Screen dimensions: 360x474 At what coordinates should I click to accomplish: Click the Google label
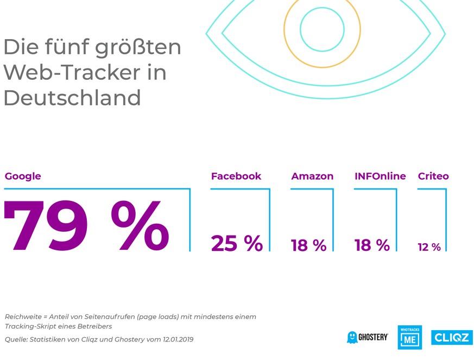[23, 176]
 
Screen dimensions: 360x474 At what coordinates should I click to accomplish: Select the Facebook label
[236, 176]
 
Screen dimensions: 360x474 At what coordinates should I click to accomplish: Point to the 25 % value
[237, 244]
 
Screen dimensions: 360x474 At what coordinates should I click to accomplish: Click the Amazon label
[312, 176]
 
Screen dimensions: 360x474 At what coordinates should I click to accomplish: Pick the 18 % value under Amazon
[308, 245]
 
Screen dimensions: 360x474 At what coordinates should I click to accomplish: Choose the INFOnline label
[380, 176]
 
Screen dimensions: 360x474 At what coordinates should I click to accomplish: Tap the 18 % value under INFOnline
[372, 245]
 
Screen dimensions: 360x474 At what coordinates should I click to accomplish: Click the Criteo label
[433, 176]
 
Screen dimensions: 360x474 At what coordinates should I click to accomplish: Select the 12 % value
[429, 247]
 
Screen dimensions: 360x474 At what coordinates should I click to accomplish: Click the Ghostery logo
[368, 337]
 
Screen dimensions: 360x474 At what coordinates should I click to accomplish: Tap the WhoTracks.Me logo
[410, 338]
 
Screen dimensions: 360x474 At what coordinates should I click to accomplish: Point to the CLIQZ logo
[452, 337]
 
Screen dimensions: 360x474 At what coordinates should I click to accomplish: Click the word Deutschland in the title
[72, 98]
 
